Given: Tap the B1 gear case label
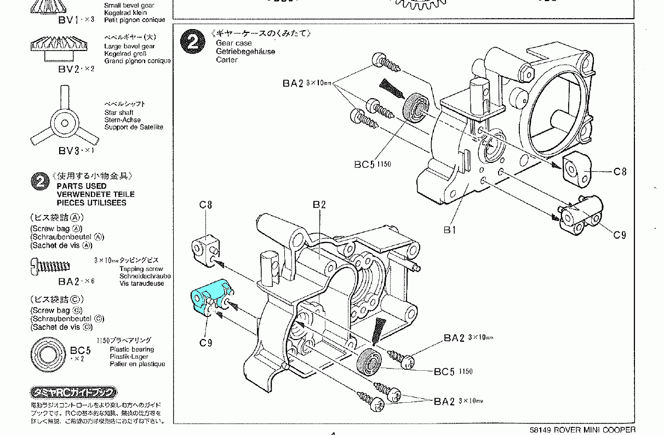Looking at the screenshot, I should coord(449,230).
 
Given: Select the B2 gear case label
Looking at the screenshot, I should coord(319,205).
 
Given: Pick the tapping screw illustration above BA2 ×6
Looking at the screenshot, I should coord(50,267).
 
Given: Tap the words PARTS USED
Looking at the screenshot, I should coord(82,186).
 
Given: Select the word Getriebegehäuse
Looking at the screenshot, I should coord(245,52).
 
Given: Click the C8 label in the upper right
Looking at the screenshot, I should coord(620,172).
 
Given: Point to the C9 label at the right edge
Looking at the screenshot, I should coord(619,235).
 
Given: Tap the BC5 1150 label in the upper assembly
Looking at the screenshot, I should coord(373,164).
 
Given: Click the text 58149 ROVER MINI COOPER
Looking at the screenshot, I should coord(583,430).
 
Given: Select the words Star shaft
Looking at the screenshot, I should coord(119,112).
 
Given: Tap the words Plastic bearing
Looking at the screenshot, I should coord(132,349).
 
